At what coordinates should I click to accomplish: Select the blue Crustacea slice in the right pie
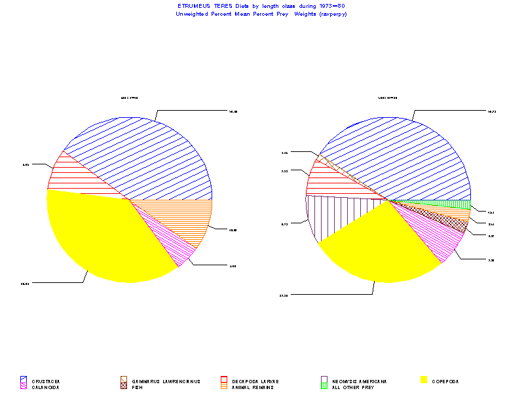[406, 157]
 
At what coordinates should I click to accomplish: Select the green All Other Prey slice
[445, 203]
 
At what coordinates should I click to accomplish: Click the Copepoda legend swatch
[423, 380]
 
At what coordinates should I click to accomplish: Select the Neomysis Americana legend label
[360, 381]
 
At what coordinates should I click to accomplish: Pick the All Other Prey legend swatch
[324, 387]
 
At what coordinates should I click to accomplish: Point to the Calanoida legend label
[46, 387]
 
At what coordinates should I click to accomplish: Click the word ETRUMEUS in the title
[192, 6]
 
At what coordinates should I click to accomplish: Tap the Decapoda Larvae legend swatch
[223, 380]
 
